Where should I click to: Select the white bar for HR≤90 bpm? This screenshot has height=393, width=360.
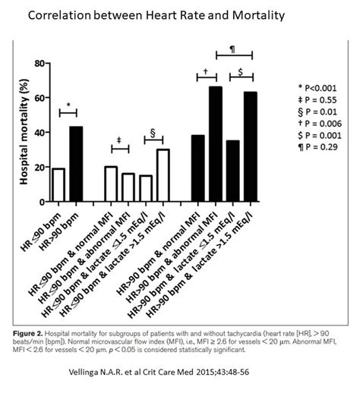[58, 184]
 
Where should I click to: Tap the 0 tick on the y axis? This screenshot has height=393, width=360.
[39, 201]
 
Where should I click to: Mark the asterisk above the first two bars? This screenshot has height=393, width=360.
[68, 105]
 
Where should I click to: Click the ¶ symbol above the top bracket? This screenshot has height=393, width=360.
[232, 49]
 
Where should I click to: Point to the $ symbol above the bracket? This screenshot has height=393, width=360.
[241, 71]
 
